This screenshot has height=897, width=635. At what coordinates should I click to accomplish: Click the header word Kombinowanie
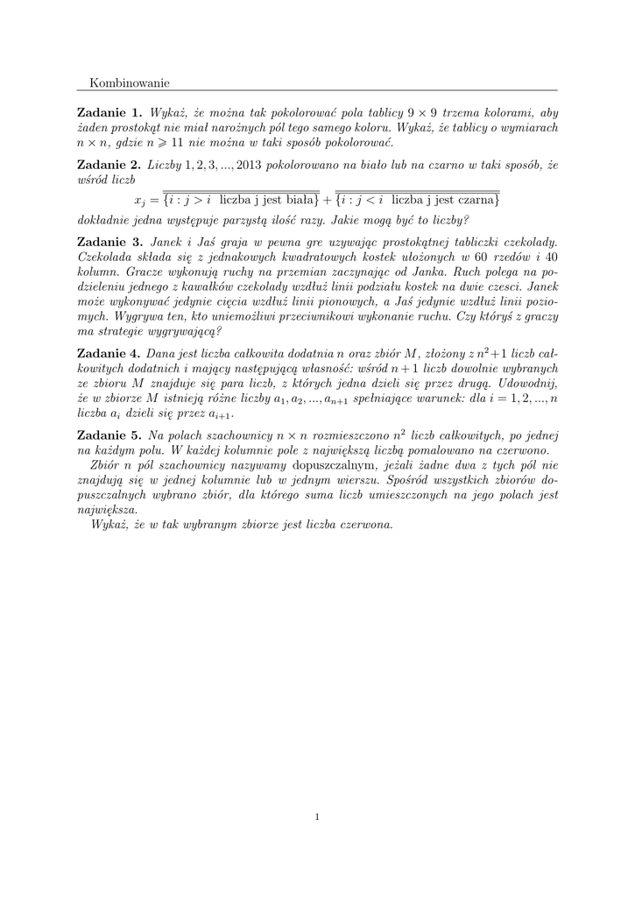tap(130, 82)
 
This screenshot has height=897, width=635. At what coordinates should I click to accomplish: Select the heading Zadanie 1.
tap(109, 113)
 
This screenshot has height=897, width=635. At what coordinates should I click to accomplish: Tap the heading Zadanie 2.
tap(109, 165)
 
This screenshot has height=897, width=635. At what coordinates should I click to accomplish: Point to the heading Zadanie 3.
tap(109, 241)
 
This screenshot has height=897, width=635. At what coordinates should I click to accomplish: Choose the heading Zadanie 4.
tap(109, 355)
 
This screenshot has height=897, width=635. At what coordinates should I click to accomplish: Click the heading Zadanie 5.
tap(109, 435)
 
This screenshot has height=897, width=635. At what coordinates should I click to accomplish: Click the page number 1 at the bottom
tap(317, 817)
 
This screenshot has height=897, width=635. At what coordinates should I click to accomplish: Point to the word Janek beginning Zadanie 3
tap(169, 241)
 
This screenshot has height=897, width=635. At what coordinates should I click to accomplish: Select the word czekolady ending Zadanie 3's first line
tap(528, 241)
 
